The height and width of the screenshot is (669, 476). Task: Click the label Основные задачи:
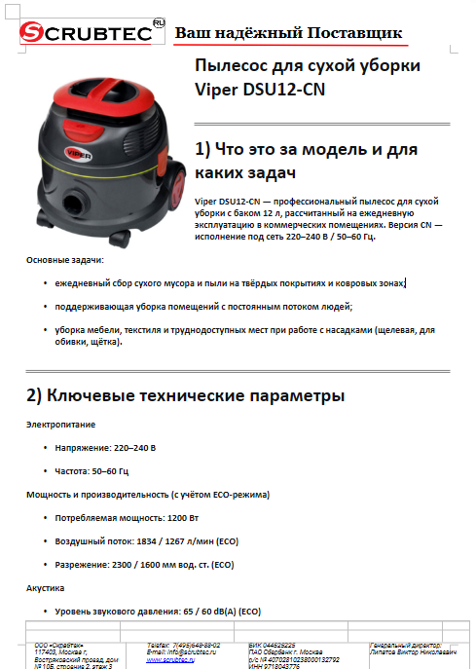[x=64, y=260]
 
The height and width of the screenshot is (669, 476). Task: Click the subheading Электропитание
[x=62, y=424]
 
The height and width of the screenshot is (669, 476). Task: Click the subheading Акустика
[x=45, y=588]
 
